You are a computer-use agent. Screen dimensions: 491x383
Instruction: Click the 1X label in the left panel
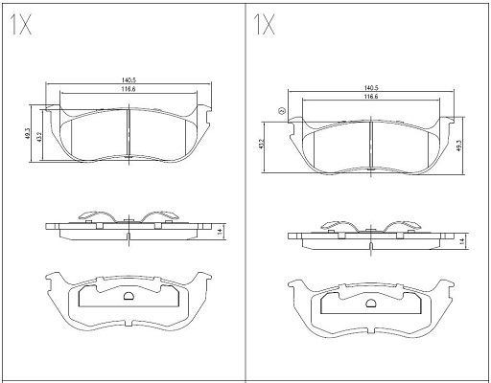point(21,25)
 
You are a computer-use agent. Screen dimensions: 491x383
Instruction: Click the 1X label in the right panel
point(264,25)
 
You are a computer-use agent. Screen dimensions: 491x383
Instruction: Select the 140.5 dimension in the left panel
point(129,80)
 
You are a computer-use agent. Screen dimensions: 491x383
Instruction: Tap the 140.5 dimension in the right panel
point(371,88)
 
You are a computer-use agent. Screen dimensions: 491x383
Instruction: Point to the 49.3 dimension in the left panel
point(28,133)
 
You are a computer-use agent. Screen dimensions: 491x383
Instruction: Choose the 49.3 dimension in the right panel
point(459,146)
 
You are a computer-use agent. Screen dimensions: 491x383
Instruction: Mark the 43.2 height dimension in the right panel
point(261,144)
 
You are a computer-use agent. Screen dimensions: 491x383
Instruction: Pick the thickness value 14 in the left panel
point(220,232)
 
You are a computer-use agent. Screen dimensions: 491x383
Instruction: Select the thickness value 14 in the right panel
point(461,241)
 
